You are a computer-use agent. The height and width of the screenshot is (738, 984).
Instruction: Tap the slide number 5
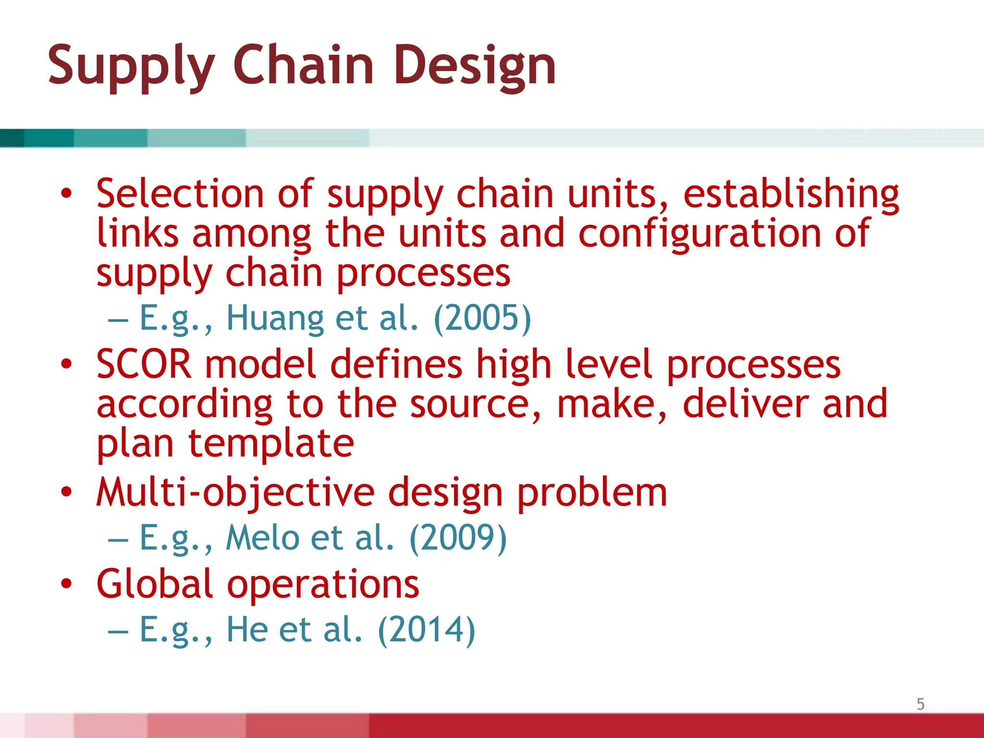(920, 704)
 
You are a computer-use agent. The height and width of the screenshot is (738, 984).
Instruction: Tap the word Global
(154, 584)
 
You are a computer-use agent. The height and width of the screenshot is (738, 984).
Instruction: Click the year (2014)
(427, 629)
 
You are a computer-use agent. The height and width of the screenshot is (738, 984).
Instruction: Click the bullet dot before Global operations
(66, 584)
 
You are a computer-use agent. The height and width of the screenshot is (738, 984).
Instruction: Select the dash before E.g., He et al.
(118, 631)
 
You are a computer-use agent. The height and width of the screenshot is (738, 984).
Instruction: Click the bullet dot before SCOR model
(66, 364)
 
